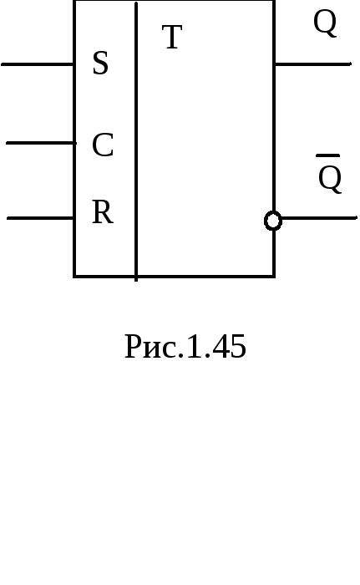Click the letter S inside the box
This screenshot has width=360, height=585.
[100, 63]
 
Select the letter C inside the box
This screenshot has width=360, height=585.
[103, 145]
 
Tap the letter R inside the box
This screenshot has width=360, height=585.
[103, 212]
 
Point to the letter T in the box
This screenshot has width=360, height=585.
[172, 37]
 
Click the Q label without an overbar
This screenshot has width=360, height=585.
[325, 23]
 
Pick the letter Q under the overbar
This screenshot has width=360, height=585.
[330, 179]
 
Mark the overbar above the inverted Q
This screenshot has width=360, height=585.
[328, 155]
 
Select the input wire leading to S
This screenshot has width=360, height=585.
[38, 64]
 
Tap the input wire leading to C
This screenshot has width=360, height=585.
[42, 143]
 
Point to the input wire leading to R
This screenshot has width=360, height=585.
[41, 218]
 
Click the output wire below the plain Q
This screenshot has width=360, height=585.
[312, 64]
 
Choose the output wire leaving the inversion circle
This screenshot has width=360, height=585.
[319, 218]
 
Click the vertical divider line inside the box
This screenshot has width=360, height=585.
[136, 141]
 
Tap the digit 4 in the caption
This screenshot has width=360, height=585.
[220, 346]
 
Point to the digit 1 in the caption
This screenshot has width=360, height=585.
[195, 346]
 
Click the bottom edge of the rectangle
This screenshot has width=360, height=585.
[175, 277]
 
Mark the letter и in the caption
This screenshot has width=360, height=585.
[155, 350]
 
